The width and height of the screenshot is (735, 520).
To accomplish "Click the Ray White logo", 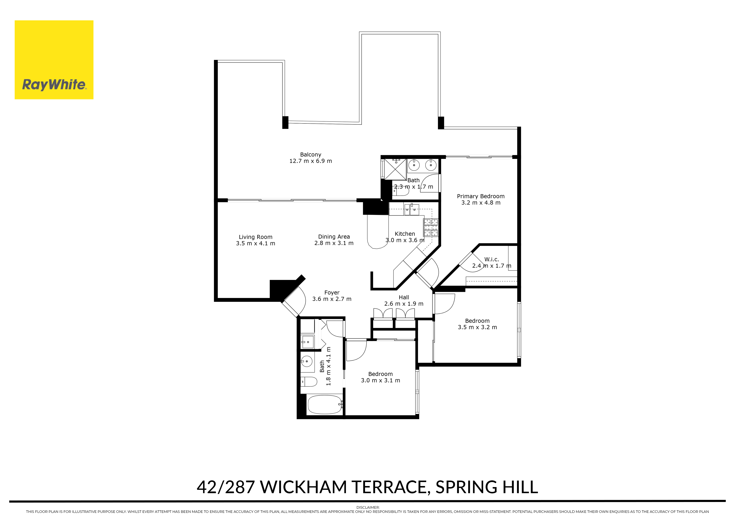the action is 54,60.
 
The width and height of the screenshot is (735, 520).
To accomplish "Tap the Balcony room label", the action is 311,155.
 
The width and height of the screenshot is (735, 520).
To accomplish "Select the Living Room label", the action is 255,237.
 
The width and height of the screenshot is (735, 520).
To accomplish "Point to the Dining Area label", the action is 334,237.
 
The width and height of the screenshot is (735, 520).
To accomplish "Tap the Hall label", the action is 404,297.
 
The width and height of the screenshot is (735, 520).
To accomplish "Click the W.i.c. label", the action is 491,260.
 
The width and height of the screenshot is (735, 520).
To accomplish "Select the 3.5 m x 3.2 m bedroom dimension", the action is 477,327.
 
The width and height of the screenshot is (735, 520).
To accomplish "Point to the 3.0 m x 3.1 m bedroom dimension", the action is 380,380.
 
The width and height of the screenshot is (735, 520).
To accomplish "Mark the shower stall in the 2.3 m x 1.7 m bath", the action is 395,169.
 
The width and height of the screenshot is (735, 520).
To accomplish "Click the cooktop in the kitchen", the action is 431,227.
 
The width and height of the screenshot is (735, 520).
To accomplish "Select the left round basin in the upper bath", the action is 414,165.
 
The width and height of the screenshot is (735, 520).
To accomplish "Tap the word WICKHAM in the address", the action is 303,487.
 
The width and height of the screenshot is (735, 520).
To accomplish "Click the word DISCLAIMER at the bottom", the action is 368,507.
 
